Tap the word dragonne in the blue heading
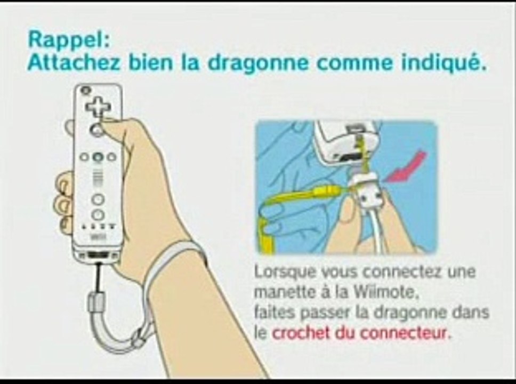pyautogui.click(x=254, y=63)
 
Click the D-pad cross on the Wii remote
pyautogui.click(x=98, y=106)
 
